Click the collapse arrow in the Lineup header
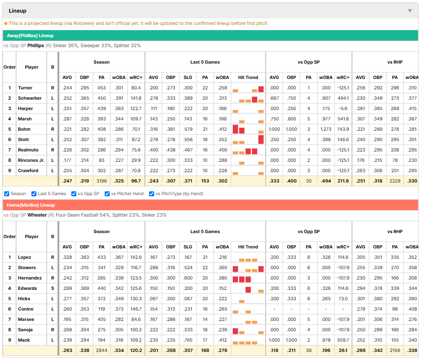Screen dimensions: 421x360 [410, 11]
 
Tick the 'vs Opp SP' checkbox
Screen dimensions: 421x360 [74, 194]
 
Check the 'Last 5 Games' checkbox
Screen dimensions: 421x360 [34, 194]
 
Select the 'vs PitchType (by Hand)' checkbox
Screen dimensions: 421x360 [152, 194]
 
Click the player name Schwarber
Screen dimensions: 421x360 [30, 98]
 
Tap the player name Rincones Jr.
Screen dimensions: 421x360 [31, 160]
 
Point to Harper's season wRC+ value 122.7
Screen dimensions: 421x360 [136, 108]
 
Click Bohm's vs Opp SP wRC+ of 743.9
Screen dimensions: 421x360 [343, 129]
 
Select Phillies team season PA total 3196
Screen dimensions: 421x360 [102, 181]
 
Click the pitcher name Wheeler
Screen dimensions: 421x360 [37, 215]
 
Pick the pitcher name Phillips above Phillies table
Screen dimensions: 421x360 [36, 46]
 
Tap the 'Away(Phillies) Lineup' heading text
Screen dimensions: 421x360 [30, 36]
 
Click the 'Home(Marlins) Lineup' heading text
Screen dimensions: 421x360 [31, 205]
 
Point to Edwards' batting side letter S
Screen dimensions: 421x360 [53, 288]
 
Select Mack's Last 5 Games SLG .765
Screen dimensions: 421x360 [188, 340]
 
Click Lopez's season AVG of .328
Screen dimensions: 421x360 [67, 257]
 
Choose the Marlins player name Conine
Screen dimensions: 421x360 [26, 309]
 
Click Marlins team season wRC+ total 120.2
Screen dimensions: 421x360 [136, 350]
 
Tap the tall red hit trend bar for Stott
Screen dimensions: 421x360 [261, 140]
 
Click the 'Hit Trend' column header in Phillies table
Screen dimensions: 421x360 [248, 77]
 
